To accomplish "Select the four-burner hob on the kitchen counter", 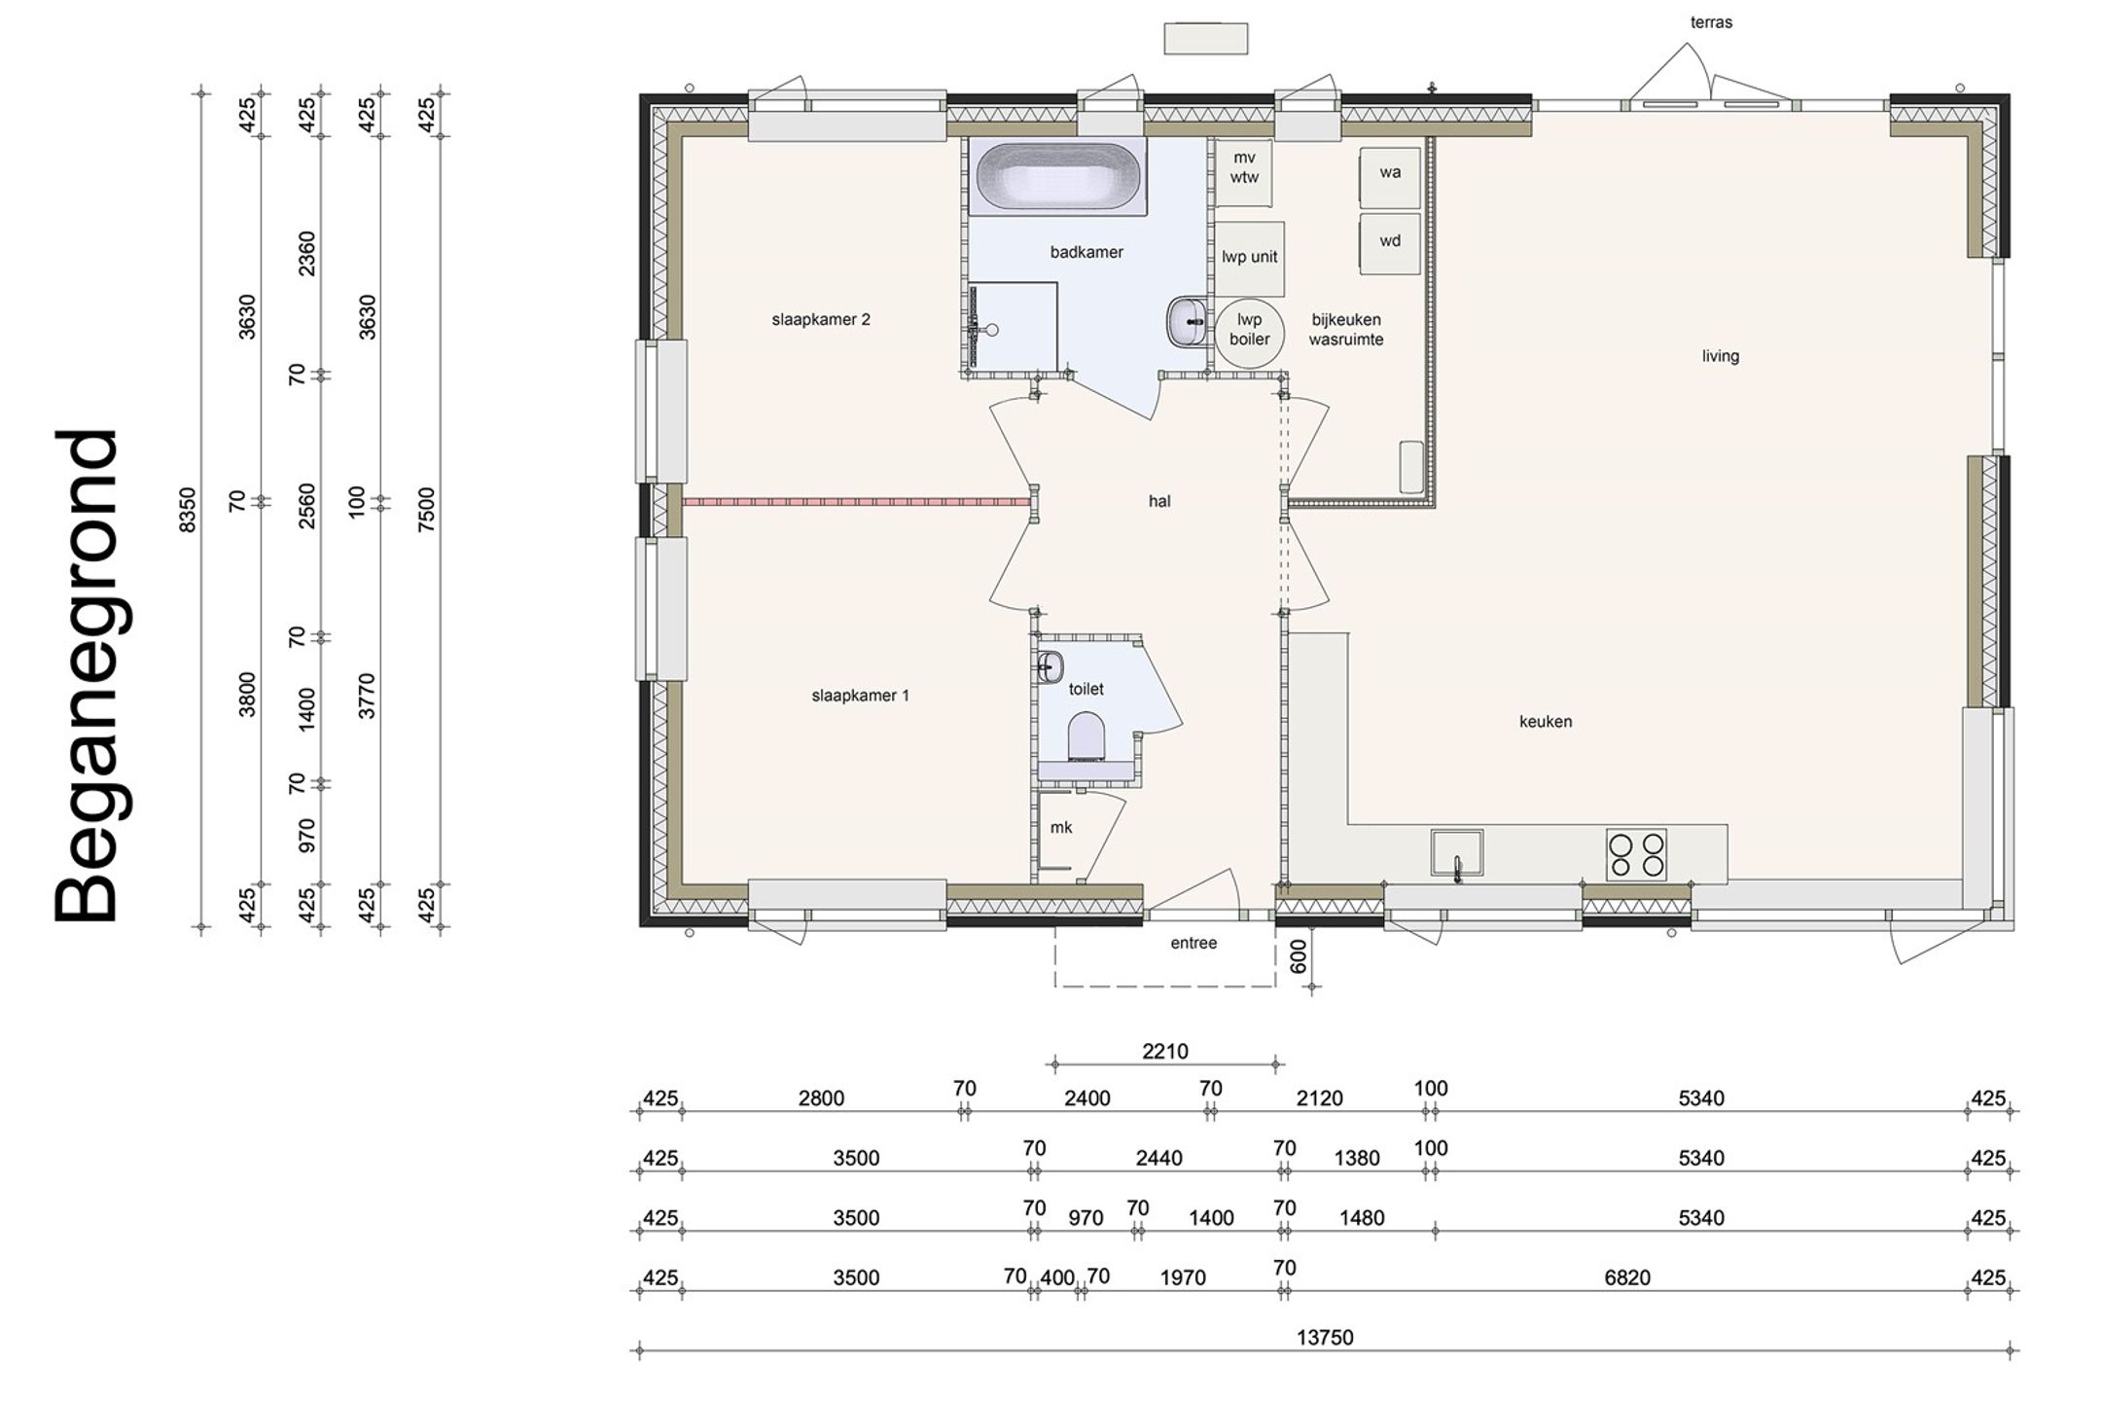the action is click(x=1636, y=855).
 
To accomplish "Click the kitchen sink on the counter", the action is click(x=1457, y=853).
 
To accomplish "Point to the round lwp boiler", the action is click(x=1249, y=330).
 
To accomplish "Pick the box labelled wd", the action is click(x=1390, y=243).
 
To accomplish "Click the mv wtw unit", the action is click(x=1244, y=172).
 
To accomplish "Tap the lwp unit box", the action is click(x=1250, y=258).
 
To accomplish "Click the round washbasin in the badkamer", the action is click(x=1186, y=321).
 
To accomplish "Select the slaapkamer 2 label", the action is click(x=821, y=320).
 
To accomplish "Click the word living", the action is click(x=1721, y=356).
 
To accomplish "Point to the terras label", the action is click(x=1711, y=22).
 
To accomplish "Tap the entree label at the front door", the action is click(x=1193, y=943).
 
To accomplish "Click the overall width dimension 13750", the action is click(x=1325, y=1338).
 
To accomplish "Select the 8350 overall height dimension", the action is click(x=189, y=510).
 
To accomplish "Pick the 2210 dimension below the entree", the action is click(x=1165, y=1052).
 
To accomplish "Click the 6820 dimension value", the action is click(x=1627, y=1277).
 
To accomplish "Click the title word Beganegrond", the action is click(x=87, y=676).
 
